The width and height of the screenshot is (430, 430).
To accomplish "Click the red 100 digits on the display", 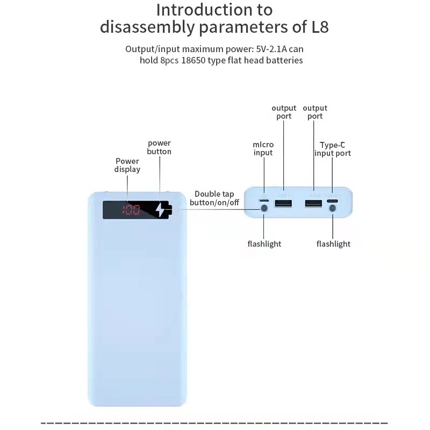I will point(131,210).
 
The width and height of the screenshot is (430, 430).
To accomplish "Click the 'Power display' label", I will point(127,165).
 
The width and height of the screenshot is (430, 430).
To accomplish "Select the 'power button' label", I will point(159,147).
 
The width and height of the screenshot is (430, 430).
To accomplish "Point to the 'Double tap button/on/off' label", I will point(214,198).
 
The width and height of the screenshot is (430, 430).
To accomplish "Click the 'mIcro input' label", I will point(263,148).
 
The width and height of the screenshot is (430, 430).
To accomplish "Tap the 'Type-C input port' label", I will point(333,149).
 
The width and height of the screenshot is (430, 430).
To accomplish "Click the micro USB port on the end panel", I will point(263,201).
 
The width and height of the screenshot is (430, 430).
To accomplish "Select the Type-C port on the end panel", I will point(332,202).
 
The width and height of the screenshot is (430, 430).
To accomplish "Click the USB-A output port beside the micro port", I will point(283,203).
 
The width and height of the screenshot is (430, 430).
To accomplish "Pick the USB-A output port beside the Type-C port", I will point(314,203).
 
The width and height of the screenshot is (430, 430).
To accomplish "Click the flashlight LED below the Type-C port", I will point(333,218).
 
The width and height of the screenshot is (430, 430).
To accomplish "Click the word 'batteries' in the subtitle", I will point(282,60).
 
